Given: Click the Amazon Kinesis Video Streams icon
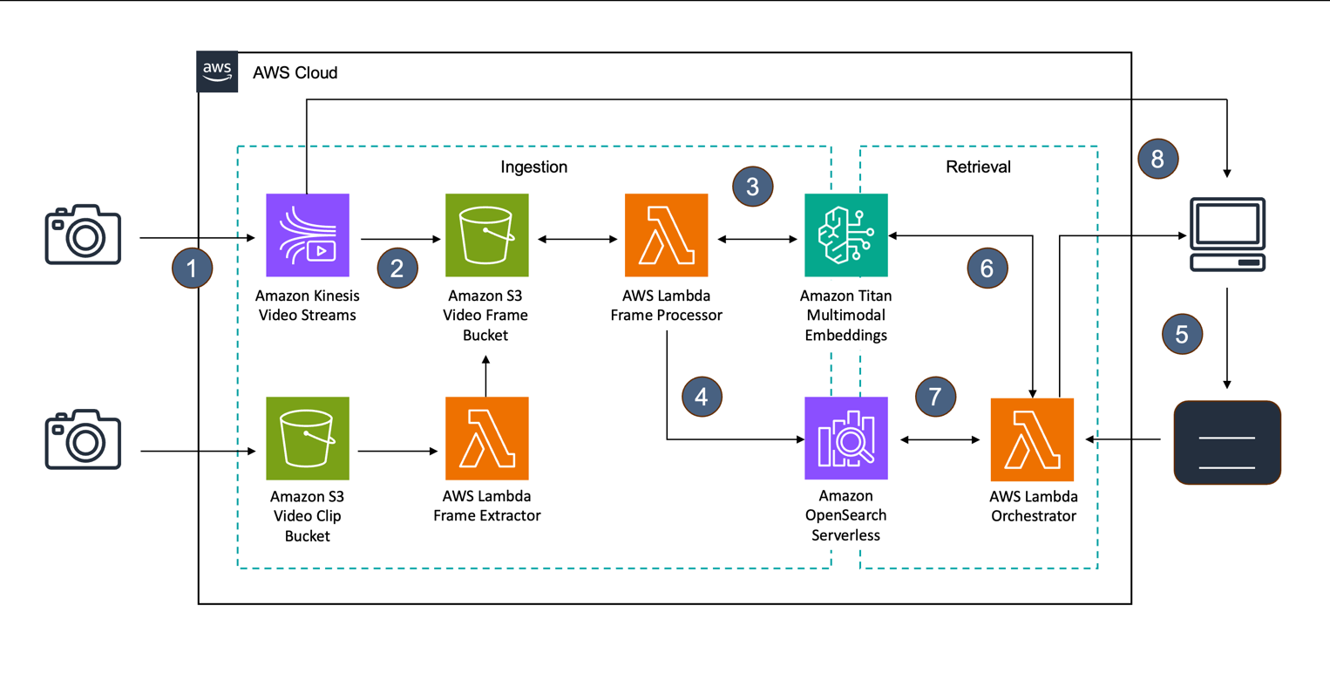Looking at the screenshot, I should click(307, 235).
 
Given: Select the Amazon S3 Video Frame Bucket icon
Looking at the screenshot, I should click(486, 235).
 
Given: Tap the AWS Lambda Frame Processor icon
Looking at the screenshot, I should click(666, 235).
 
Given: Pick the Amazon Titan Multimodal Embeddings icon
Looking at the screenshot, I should click(845, 235).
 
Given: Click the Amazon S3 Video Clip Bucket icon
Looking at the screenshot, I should click(307, 439).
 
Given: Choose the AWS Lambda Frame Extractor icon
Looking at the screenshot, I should click(486, 439).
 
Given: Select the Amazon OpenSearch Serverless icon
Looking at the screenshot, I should click(845, 439).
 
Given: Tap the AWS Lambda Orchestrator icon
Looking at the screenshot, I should click(1032, 439).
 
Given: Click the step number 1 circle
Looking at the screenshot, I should click(193, 268).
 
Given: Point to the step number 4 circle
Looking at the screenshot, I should click(702, 397).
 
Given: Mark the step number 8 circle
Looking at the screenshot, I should click(1157, 159).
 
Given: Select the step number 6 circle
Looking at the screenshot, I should click(987, 268).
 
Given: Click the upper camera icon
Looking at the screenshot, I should click(83, 235).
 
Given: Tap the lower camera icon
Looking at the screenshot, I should click(83, 439).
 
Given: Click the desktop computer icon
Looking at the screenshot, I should click(1227, 235).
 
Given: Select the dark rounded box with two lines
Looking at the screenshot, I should click(1227, 443).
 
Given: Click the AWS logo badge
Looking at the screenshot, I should click(217, 71).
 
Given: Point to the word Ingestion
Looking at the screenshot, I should click(533, 167).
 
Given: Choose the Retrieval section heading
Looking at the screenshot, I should click(978, 167).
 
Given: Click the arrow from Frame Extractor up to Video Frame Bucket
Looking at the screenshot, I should click(486, 375).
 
